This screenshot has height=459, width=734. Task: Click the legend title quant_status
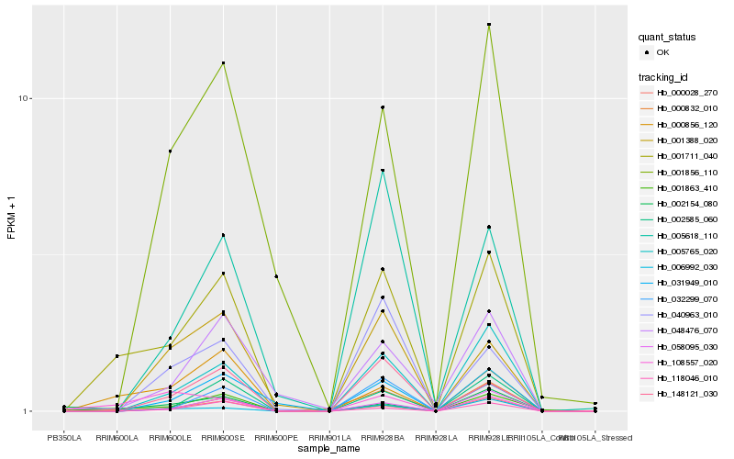pyautogui.click(x=667, y=37)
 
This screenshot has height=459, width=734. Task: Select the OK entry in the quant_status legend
pyautogui.click(x=662, y=52)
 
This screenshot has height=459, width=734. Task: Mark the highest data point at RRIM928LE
pyautogui.click(x=489, y=24)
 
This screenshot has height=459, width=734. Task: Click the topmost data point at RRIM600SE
pyautogui.click(x=223, y=62)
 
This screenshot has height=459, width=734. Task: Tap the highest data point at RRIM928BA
pyautogui.click(x=383, y=107)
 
